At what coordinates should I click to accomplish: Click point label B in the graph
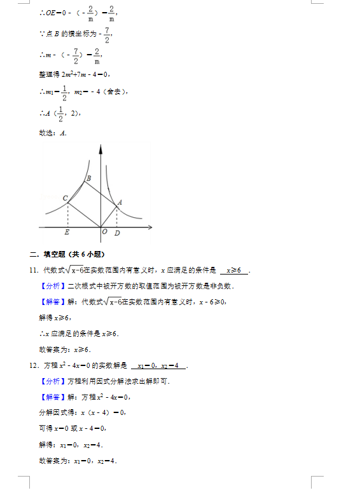point(88,178)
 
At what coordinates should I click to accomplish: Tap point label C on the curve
point(66,198)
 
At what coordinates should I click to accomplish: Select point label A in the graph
point(120,201)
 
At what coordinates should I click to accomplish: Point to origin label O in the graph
point(104,232)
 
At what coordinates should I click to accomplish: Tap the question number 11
point(34,271)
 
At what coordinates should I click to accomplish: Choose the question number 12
point(34,365)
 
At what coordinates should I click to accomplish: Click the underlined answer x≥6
point(233,271)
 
